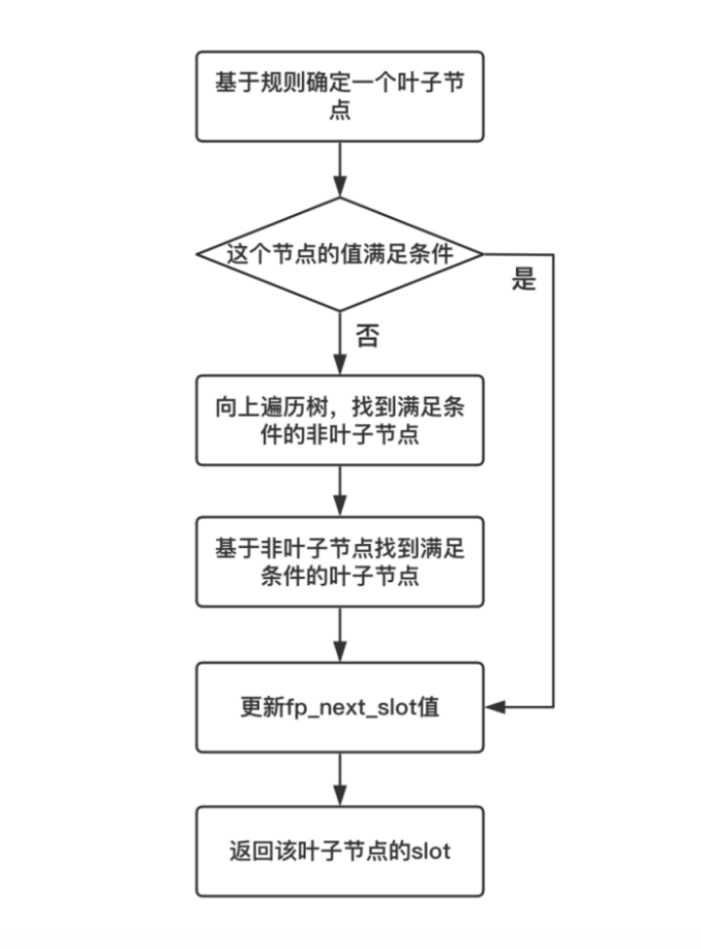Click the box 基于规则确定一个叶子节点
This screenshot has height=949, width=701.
pyautogui.click(x=340, y=95)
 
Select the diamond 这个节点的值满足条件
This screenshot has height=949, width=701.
pyautogui.click(x=340, y=255)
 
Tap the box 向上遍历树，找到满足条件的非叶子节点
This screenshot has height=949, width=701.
pyautogui.click(x=340, y=420)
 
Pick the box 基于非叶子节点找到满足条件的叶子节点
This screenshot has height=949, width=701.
pyautogui.click(x=340, y=563)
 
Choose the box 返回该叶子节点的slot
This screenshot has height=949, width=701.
pyautogui.click(x=340, y=852)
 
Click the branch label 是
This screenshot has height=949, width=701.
pyautogui.click(x=523, y=282)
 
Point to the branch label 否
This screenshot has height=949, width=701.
pyautogui.click(x=366, y=337)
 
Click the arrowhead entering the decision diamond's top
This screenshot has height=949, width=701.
pyautogui.click(x=340, y=189)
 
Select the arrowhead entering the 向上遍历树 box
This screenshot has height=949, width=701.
pyautogui.click(x=340, y=367)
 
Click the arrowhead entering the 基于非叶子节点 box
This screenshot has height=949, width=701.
pyautogui.click(x=340, y=510)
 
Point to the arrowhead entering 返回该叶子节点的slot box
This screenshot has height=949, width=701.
pyautogui.click(x=340, y=797)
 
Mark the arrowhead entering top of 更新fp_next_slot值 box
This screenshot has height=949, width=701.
pyautogui.click(x=340, y=653)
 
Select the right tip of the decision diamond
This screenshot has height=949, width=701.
pyautogui.click(x=483, y=255)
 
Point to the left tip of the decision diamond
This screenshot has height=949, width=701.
pyautogui.click(x=198, y=255)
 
